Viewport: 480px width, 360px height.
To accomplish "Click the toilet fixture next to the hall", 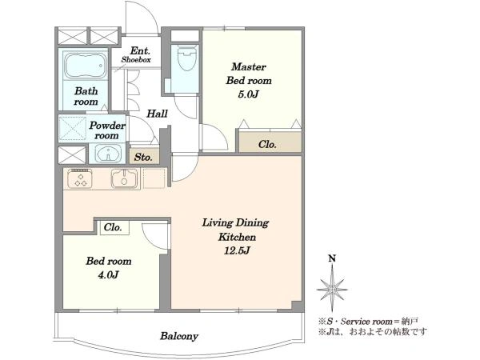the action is (186, 58).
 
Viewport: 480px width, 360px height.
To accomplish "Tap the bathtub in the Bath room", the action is (86, 66).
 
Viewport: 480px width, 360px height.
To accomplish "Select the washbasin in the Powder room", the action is (107, 153).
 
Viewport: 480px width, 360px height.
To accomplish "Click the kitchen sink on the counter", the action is (124, 178).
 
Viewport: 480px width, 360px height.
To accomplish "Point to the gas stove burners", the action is (80, 178).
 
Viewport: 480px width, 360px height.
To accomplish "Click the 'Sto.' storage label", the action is (143, 158).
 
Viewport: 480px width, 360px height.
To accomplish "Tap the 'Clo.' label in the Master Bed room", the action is (267, 144).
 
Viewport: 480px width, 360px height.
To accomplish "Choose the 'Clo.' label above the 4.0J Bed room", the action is (113, 227).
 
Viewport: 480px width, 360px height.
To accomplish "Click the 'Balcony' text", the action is (179, 336).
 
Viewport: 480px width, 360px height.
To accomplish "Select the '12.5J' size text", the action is (238, 250).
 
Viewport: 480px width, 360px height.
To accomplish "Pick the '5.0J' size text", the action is (248, 94).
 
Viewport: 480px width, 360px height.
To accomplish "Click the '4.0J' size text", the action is (108, 274).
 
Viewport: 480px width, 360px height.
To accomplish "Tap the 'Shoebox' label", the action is (136, 60).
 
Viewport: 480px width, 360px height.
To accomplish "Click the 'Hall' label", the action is (157, 114).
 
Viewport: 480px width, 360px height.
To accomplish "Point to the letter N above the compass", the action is (332, 258).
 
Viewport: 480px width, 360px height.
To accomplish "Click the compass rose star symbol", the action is (332, 288).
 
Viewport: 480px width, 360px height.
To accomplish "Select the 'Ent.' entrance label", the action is (140, 50).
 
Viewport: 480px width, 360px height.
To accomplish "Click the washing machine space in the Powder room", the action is (72, 129).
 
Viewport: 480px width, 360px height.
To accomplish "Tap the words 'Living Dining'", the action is (235, 223).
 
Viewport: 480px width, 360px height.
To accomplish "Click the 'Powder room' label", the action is (107, 130).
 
